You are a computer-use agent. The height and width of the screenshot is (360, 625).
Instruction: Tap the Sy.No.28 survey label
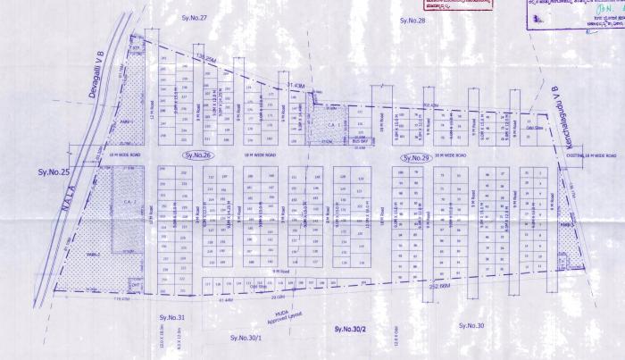click(x=412, y=19)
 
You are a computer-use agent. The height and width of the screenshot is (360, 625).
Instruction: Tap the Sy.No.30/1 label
click(x=245, y=337)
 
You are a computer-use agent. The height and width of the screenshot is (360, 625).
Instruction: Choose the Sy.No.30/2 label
click(x=349, y=331)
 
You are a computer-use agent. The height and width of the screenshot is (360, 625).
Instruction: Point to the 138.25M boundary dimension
click(x=206, y=57)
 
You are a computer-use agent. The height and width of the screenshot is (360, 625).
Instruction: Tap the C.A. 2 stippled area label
click(x=123, y=203)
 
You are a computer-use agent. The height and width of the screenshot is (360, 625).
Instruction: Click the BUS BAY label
click(x=361, y=140)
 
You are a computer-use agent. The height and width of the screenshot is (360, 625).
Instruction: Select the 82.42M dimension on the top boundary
click(x=429, y=105)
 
